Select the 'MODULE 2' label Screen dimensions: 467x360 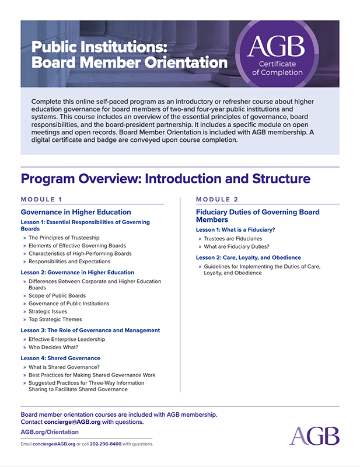(x=217, y=199)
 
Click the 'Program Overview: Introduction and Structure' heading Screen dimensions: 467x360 (x=165, y=178)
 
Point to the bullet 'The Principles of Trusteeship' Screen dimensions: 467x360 (x=64, y=238)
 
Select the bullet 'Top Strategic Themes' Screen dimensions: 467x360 (x=55, y=319)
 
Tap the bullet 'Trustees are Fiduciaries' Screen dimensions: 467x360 (x=233, y=239)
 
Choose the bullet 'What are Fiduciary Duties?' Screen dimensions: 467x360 (x=237, y=246)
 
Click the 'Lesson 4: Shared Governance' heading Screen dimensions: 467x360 (x=61, y=358)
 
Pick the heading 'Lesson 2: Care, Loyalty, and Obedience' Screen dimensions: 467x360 (x=249, y=257)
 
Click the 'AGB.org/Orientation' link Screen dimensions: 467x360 (x=50, y=432)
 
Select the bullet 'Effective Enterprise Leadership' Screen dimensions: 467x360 (x=67, y=339)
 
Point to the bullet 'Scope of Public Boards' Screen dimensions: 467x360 (x=57, y=296)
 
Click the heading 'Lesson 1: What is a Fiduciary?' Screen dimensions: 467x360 (x=236, y=229)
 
